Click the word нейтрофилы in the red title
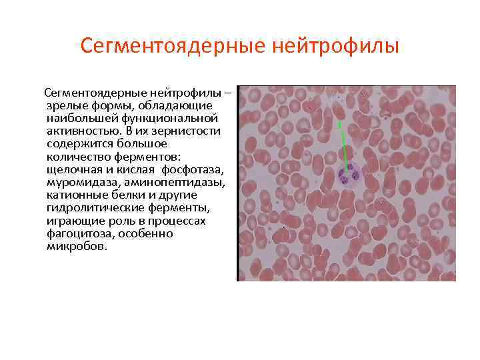pos(337,46)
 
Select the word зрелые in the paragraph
pos(64,105)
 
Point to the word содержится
pos(75,143)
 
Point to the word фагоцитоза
pos(75,234)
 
